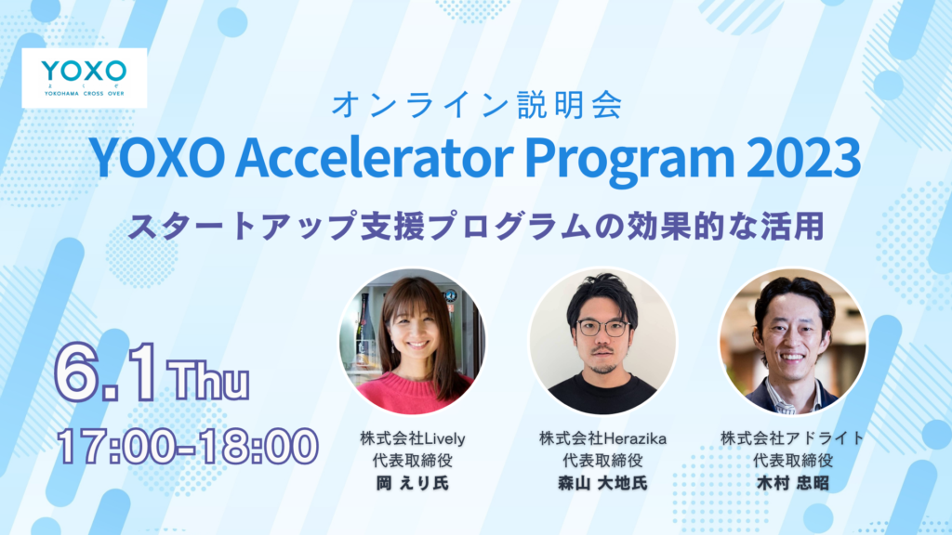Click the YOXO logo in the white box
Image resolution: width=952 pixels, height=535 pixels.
click(x=84, y=78)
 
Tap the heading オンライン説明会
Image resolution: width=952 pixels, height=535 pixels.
click(x=477, y=104)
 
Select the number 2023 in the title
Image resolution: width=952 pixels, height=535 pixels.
click(x=803, y=158)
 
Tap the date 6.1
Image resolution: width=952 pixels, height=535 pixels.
click(x=106, y=372)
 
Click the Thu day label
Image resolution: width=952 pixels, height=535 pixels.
click(x=208, y=380)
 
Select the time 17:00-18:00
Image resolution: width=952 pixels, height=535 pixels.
click(x=188, y=447)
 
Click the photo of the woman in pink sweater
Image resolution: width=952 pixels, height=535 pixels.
click(x=413, y=341)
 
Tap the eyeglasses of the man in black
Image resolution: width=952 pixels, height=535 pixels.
click(x=602, y=328)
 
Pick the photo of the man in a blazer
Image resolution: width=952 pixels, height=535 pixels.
click(x=792, y=341)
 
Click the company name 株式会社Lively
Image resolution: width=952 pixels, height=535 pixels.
click(x=412, y=438)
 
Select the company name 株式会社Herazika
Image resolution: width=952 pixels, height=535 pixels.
click(x=602, y=438)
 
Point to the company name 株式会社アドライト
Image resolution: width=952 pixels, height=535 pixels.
click(x=792, y=438)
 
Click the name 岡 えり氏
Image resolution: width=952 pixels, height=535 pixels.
click(x=412, y=483)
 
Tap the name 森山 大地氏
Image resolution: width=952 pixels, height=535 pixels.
click(x=602, y=483)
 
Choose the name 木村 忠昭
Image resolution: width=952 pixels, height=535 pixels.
click(x=792, y=483)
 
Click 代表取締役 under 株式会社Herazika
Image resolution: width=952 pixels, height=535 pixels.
click(x=602, y=461)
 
